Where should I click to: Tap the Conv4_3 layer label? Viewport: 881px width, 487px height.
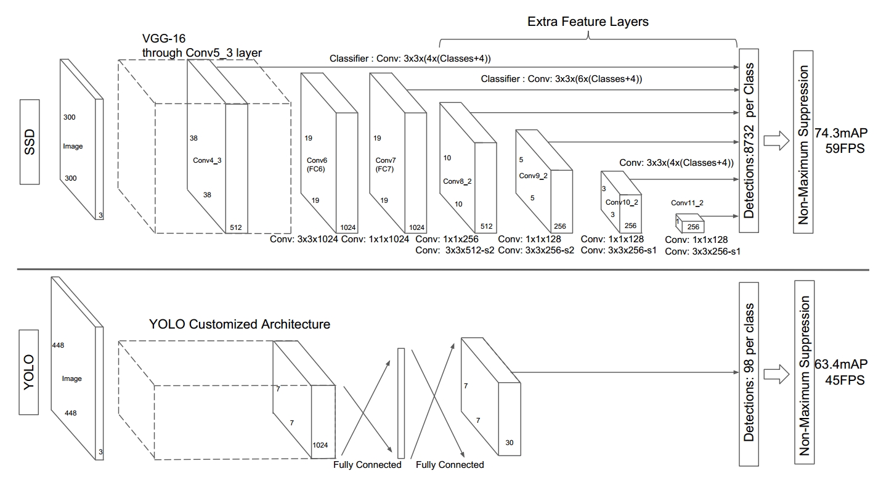pyautogui.click(x=207, y=159)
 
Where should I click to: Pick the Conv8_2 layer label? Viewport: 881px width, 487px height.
pyautogui.click(x=457, y=181)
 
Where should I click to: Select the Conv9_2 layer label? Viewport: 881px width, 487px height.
pyautogui.click(x=533, y=176)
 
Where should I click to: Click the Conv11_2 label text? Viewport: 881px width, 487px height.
pyautogui.click(x=687, y=203)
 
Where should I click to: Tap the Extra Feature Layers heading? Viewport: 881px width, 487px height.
pyautogui.click(x=588, y=22)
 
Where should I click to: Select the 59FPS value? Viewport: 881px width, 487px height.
pyautogui.click(x=842, y=149)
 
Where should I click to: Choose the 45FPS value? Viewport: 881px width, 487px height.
pyautogui.click(x=845, y=379)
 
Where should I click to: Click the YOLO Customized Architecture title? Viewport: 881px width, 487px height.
pyautogui.click(x=239, y=324)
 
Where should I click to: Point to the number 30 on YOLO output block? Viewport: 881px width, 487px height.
pyautogui.click(x=508, y=443)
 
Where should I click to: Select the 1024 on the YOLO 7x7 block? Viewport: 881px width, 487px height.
pyautogui.click(x=320, y=444)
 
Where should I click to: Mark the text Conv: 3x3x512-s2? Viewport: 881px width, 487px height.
pyautogui.click(x=455, y=251)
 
